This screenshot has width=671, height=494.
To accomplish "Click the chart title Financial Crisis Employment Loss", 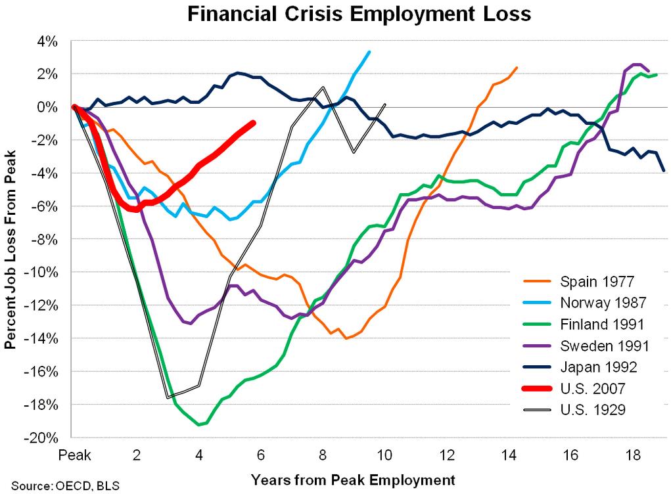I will pyautogui.click(x=359, y=14).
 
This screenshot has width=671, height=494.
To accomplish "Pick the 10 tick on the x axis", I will pyautogui.click(x=384, y=455).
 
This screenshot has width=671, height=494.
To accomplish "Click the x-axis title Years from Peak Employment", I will pyautogui.click(x=352, y=479).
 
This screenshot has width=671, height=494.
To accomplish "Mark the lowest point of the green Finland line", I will pyautogui.click(x=199, y=425).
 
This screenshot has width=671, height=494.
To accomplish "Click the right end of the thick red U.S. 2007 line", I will pyautogui.click(x=253, y=123).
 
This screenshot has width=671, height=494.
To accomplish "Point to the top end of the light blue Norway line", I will pyautogui.click(x=369, y=52).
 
